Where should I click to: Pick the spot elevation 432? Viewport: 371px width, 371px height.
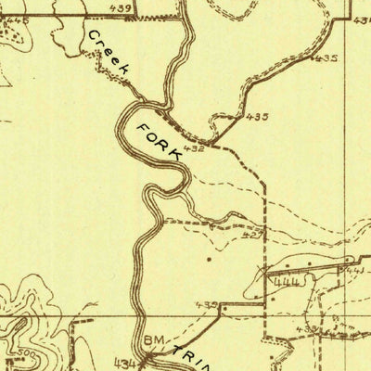click(194, 148)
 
